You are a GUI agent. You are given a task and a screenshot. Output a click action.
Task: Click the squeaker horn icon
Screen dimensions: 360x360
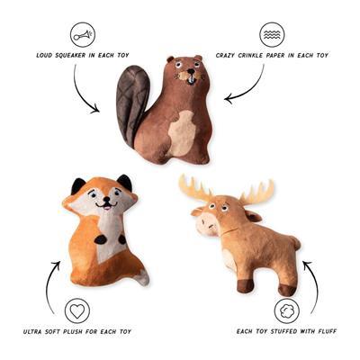click(x=83, y=34)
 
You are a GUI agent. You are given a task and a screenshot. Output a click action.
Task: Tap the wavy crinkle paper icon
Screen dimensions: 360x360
click(x=272, y=34)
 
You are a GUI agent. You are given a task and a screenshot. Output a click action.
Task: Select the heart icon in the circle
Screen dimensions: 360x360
click(x=77, y=310)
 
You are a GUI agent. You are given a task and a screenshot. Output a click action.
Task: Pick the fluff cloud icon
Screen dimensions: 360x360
click(x=287, y=310)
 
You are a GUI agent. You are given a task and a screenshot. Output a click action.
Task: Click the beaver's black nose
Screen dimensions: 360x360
click(x=191, y=72)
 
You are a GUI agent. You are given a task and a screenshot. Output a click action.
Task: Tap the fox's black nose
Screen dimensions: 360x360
click(x=106, y=200)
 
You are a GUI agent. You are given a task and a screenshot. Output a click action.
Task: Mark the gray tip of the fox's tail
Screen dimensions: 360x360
click(x=143, y=278)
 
